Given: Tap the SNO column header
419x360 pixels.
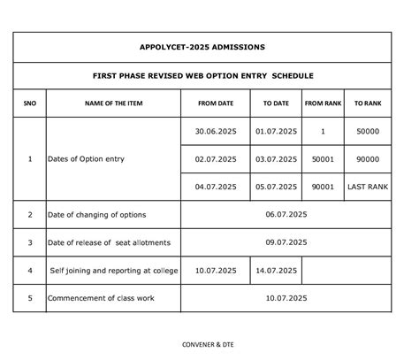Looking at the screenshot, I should click(x=30, y=103).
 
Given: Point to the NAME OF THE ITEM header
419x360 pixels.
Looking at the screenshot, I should click(x=113, y=103).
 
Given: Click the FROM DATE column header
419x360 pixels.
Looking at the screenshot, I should click(x=215, y=103).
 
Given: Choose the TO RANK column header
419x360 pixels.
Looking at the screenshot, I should click(x=368, y=103).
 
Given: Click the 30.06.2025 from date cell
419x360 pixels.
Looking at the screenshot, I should click(x=216, y=131).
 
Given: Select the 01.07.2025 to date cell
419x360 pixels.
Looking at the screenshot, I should click(x=276, y=131).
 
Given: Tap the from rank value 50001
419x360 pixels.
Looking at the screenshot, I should click(x=323, y=159).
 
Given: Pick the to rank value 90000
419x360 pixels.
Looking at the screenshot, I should click(x=368, y=159).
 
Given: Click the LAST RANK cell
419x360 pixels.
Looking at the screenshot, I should click(x=368, y=187).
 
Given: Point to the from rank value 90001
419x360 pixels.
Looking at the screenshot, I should click(x=323, y=187).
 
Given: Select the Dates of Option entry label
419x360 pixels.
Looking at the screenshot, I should click(x=88, y=159).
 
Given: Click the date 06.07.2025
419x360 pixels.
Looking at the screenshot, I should click(x=286, y=215).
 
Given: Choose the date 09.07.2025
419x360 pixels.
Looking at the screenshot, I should click(x=286, y=242).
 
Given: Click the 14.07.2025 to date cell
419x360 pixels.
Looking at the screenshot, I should click(x=276, y=271).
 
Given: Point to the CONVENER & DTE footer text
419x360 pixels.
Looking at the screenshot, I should click(x=209, y=344).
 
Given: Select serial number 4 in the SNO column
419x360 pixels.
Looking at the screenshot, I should click(x=30, y=271).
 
